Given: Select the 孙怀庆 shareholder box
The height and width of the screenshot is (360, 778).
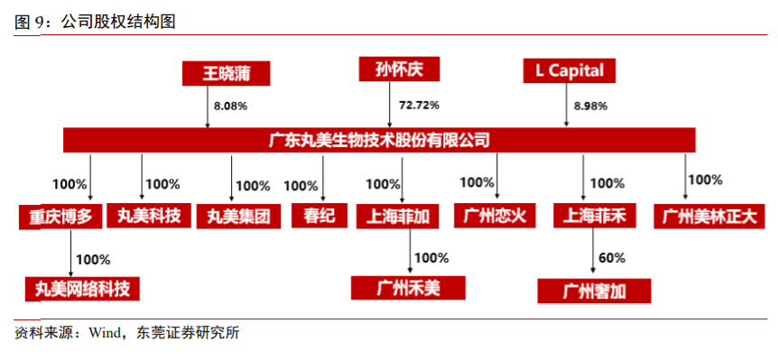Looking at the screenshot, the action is point(398,69).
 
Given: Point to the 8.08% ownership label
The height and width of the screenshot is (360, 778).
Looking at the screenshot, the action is point(230,106).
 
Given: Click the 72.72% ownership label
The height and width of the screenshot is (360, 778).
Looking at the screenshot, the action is point(419,106).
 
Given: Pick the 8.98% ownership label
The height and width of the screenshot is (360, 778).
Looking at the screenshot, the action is point(592,106).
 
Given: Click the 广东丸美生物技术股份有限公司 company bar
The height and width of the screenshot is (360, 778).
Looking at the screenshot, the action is point(379,140).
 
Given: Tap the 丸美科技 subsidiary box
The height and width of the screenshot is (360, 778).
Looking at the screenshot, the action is point(149,216).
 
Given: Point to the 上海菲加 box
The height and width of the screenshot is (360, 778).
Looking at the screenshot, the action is point(398,217).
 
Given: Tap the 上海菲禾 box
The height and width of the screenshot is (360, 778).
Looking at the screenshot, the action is point(594,217).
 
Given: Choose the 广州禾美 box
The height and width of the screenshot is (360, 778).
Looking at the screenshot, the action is point(408,288).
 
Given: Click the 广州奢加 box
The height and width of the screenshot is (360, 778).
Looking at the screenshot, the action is point(594,291).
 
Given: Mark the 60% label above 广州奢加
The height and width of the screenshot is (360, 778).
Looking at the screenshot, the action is point(611,258).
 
